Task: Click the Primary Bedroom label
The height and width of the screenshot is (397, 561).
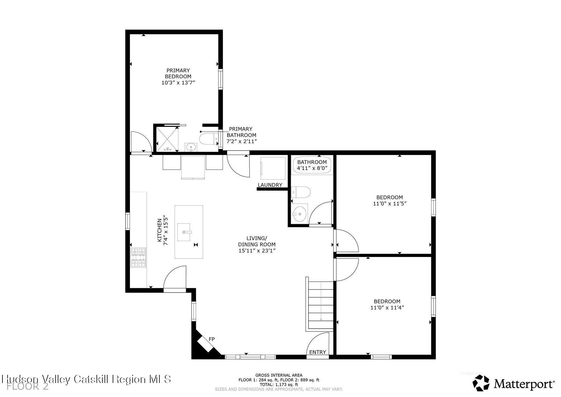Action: click(178, 73)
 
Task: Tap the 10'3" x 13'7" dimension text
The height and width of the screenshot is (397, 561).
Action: click(178, 83)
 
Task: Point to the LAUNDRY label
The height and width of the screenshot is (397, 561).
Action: click(270, 185)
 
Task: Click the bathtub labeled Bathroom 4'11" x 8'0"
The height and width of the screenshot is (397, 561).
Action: click(312, 165)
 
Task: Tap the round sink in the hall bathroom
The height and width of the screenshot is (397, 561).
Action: click(300, 214)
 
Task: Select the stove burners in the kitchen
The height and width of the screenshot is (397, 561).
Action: click(138, 257)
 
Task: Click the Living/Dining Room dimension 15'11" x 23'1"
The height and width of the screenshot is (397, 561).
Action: click(257, 250)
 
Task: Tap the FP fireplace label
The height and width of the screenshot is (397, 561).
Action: click(212, 339)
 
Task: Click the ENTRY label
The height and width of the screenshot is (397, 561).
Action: click(318, 352)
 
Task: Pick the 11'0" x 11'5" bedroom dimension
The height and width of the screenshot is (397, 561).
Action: click(390, 203)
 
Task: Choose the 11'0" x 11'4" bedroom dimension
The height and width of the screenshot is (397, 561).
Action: click(387, 307)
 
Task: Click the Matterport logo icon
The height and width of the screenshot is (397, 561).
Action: click(481, 383)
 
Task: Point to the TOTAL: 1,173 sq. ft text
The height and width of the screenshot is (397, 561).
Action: click(279, 385)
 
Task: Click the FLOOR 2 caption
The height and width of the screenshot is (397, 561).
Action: click(27, 387)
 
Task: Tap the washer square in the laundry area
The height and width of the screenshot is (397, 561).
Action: click(273, 168)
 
